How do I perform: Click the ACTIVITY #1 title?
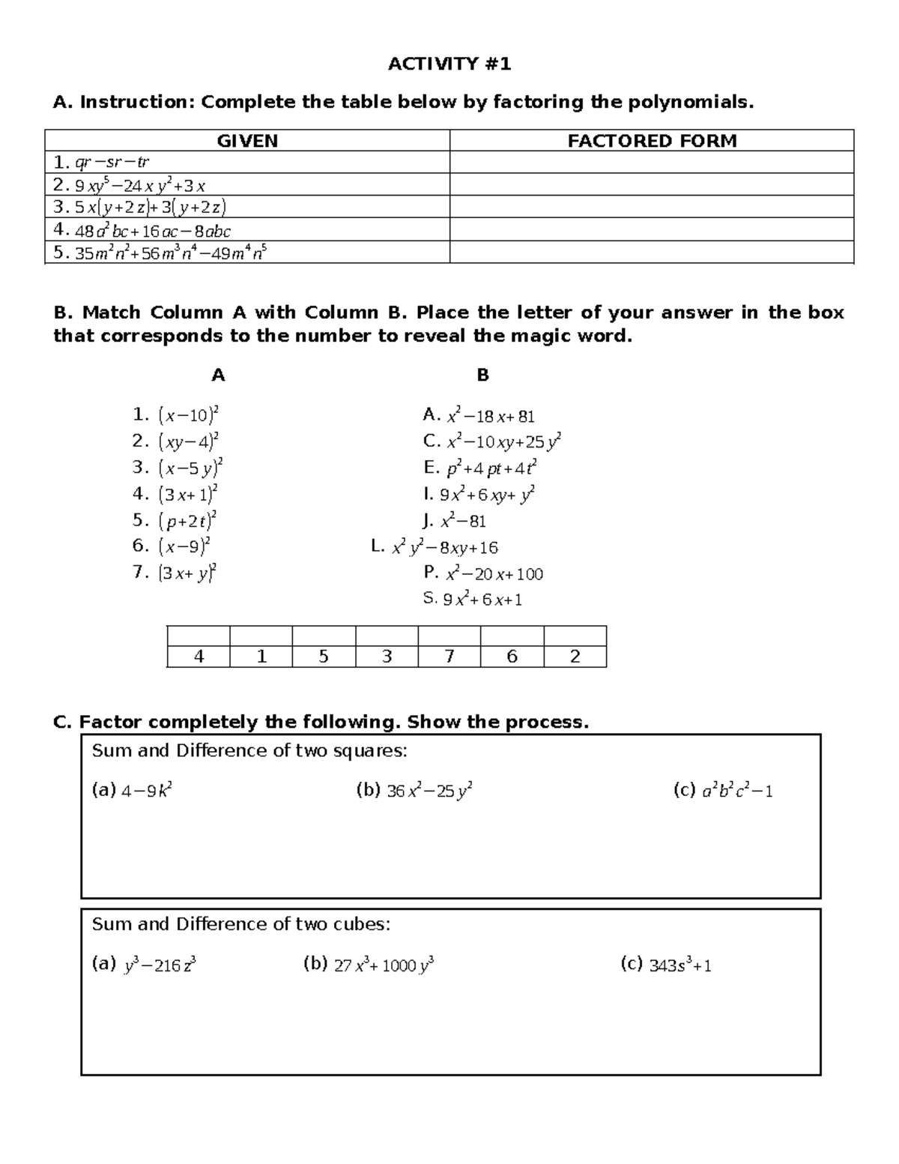click(x=449, y=64)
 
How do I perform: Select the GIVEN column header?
click(x=247, y=141)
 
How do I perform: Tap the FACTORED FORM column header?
click(x=652, y=141)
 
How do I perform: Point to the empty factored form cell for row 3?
click(x=652, y=207)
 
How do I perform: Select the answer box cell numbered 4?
click(x=199, y=657)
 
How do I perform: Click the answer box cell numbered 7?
click(x=449, y=657)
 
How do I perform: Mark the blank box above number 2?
click(x=575, y=636)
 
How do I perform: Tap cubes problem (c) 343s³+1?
click(x=666, y=965)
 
